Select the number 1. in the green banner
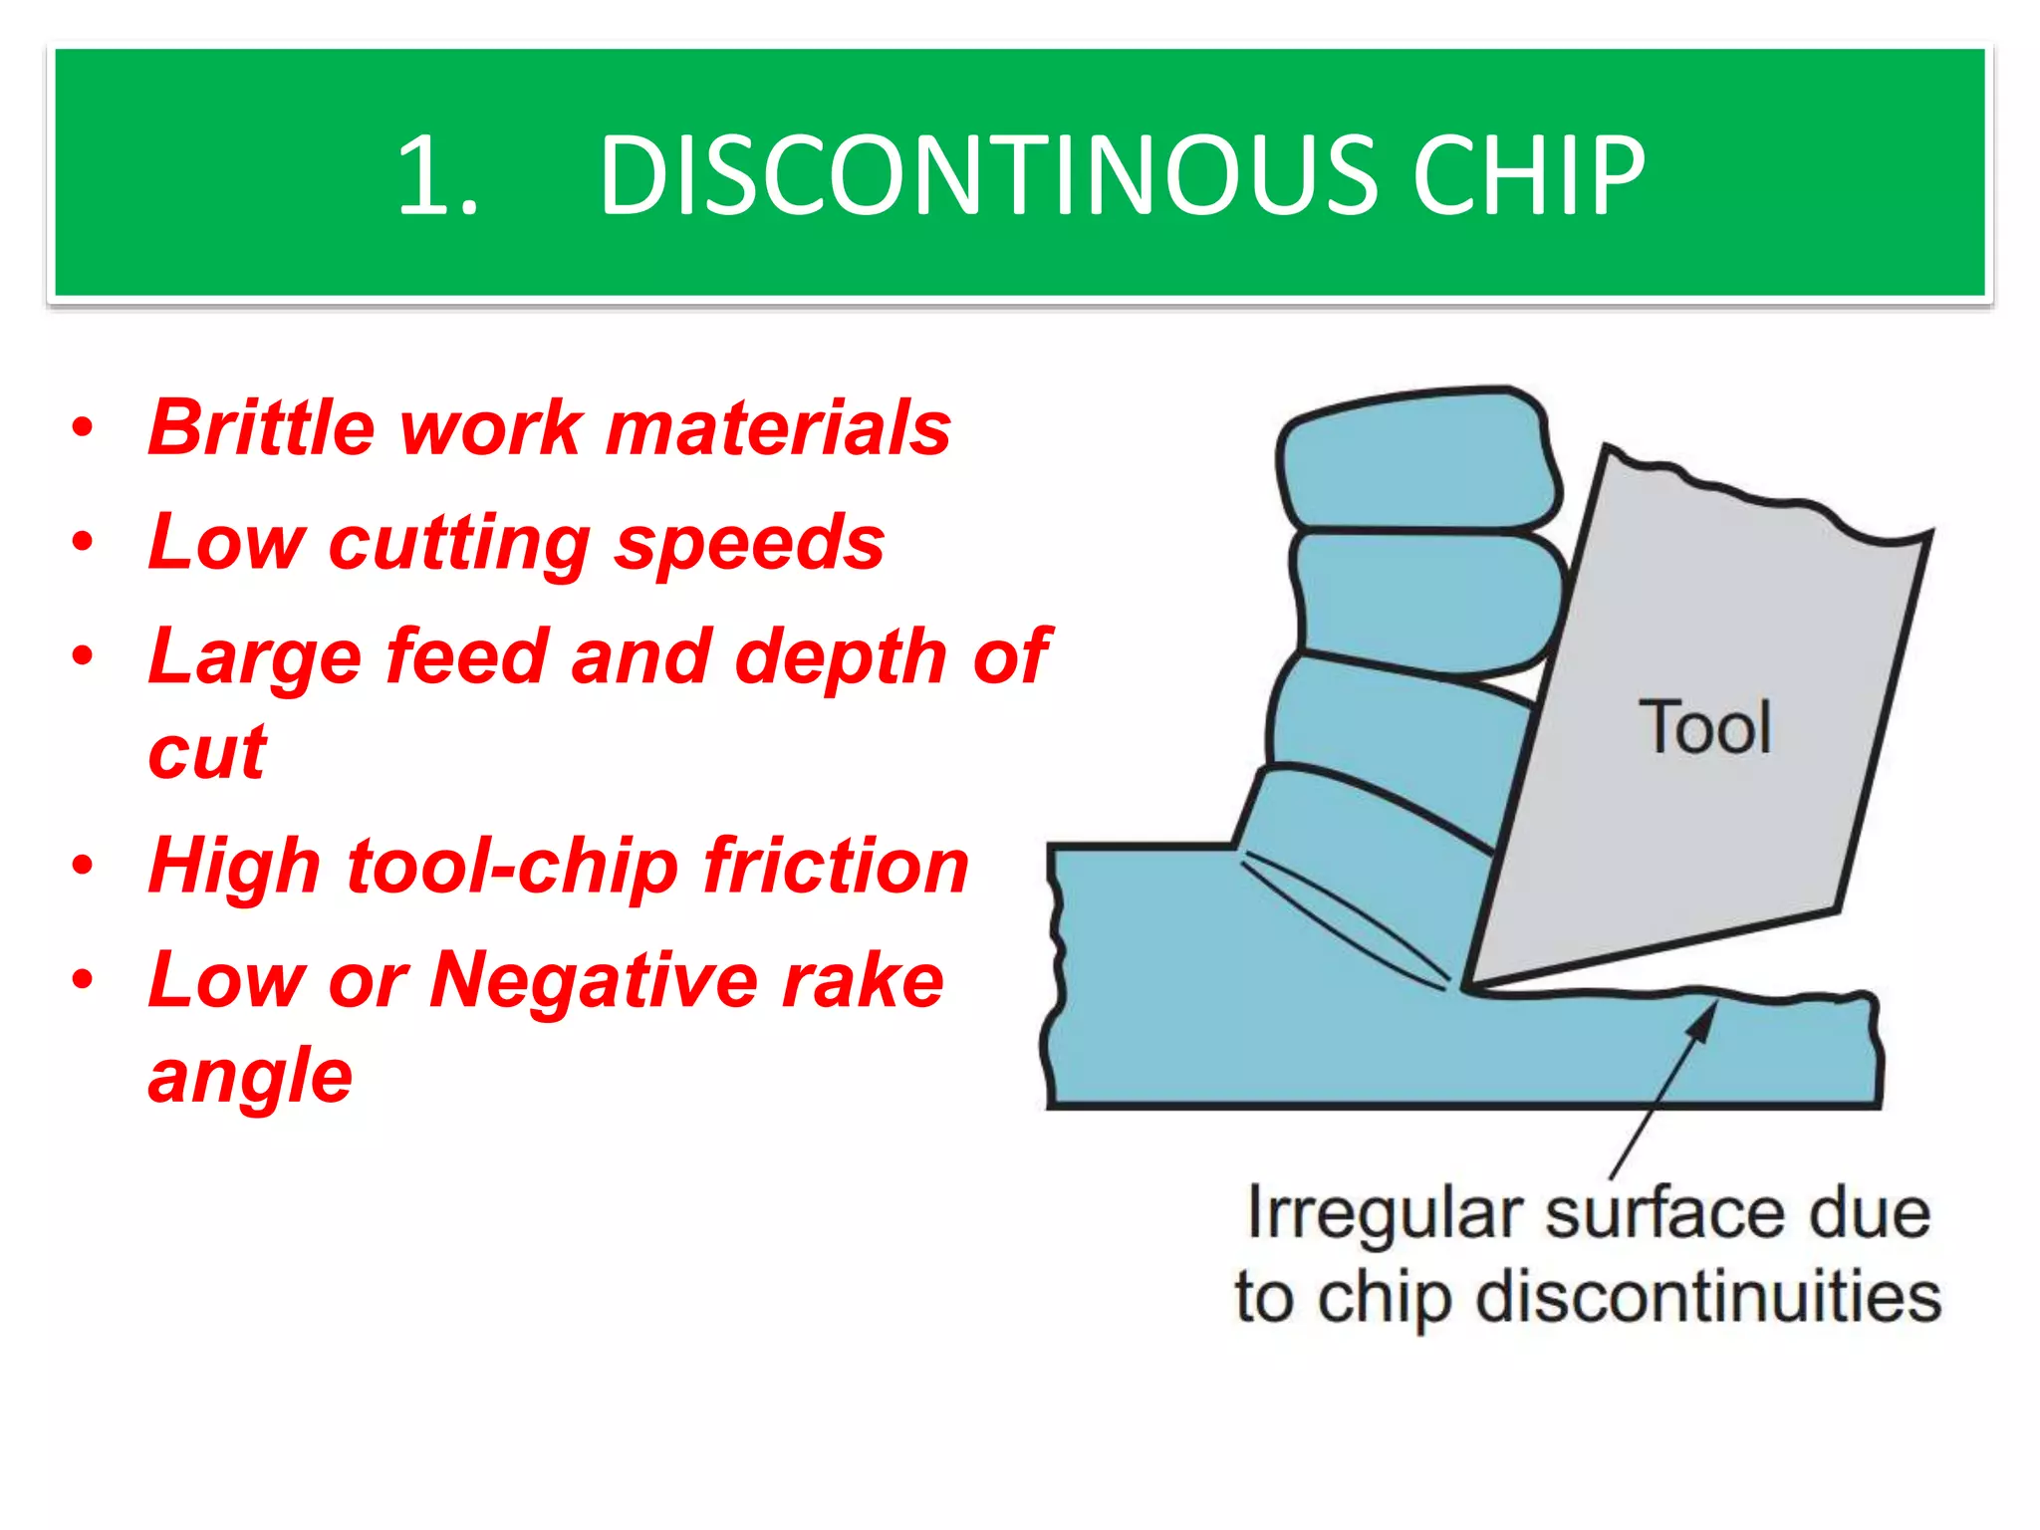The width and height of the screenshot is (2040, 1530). click(x=438, y=176)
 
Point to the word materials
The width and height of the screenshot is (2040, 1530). click(x=778, y=428)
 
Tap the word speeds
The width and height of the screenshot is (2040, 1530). click(x=749, y=544)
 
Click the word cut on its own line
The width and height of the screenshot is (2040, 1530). click(x=207, y=752)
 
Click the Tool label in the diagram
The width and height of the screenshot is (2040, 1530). click(x=1704, y=728)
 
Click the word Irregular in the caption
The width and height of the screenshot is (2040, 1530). click(x=1385, y=1214)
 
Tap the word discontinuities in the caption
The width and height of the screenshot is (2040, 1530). click(x=1708, y=1298)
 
